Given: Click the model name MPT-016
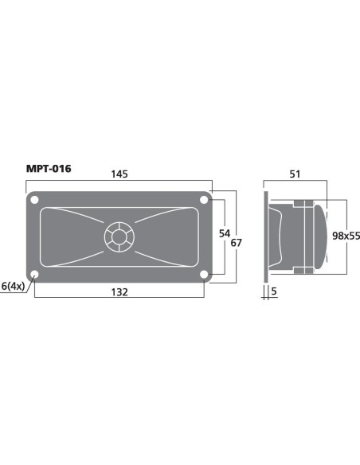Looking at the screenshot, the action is pyautogui.click(x=49, y=169).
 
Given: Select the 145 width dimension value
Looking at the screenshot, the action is pyautogui.click(x=119, y=174).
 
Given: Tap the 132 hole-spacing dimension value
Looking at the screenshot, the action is pyautogui.click(x=119, y=292).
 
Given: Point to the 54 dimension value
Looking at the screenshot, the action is pyautogui.click(x=225, y=233).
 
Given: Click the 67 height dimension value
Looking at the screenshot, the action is pyautogui.click(x=236, y=243).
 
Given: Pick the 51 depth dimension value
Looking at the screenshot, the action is pyautogui.click(x=295, y=174).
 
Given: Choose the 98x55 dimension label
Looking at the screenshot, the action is pyautogui.click(x=346, y=236).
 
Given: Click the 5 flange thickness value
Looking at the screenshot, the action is pyautogui.click(x=274, y=291).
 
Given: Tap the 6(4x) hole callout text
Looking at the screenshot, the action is pyautogui.click(x=13, y=286).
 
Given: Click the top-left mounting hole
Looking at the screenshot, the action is pyautogui.click(x=34, y=200).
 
